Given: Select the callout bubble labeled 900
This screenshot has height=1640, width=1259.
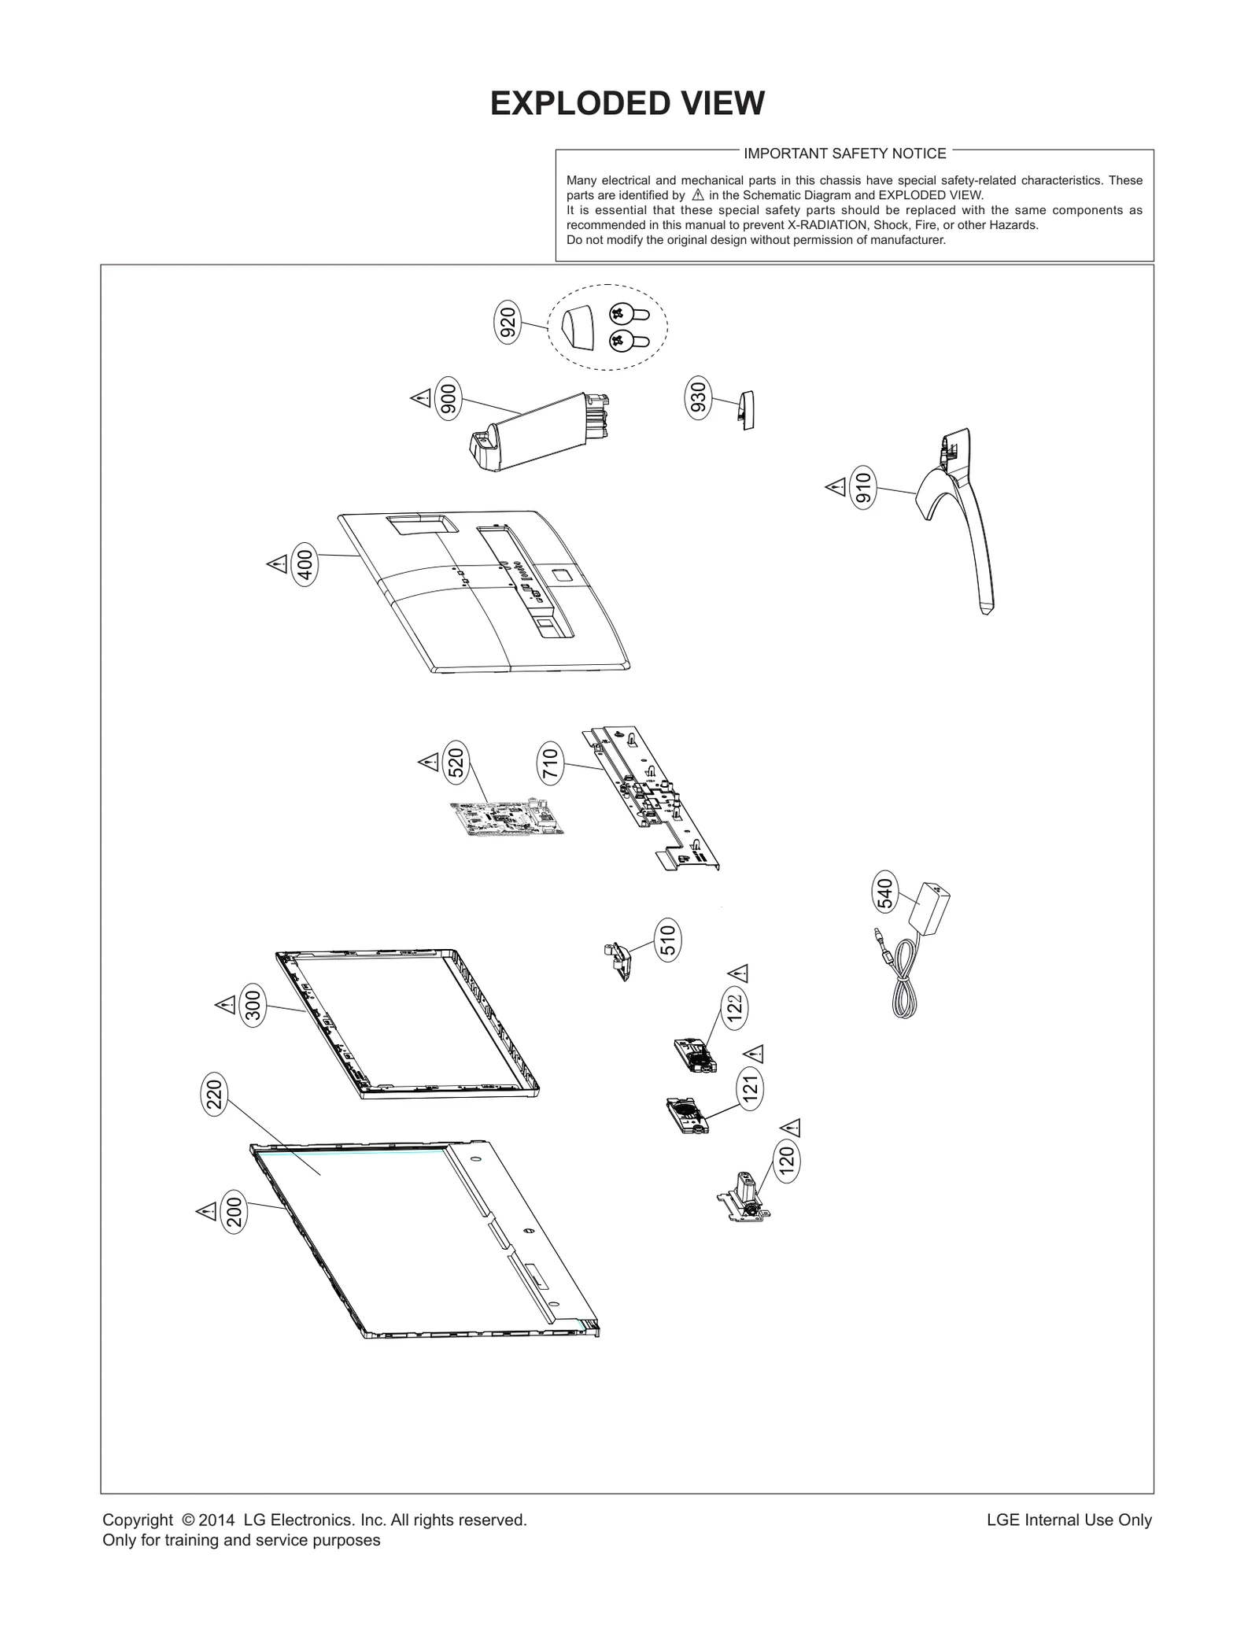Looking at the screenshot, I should coord(449,399).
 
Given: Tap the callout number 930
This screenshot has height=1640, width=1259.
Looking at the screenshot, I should coord(698,398).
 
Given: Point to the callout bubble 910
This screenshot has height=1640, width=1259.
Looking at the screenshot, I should coord(863,488).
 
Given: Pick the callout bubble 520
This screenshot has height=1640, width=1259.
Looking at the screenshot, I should coord(456,762).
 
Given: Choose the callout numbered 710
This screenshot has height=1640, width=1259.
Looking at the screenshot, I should coord(551,764).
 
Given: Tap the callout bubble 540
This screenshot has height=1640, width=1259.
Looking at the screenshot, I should coord(885,893).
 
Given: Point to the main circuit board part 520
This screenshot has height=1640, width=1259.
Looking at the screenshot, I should coord(508,819).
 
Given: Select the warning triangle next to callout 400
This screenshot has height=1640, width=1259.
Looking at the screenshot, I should coord(276,563).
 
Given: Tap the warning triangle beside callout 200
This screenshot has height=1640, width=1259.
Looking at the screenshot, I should coord(206,1211).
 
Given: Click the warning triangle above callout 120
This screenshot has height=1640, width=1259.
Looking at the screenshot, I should coord(791,1128).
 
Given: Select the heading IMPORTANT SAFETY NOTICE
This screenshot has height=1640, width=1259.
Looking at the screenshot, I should coord(844,153).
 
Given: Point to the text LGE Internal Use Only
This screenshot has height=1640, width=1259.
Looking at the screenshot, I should coord(1069,1520).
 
